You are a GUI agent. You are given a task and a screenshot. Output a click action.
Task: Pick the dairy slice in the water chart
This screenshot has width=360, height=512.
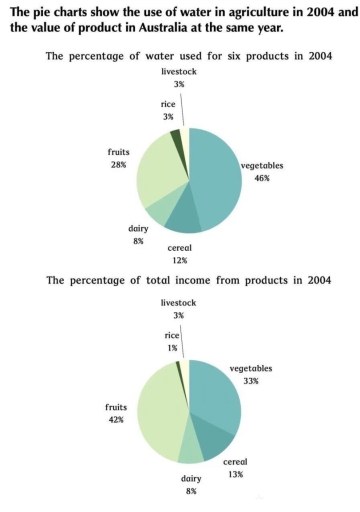point(159,211)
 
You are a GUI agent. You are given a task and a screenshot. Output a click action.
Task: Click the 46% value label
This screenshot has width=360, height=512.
point(262,177)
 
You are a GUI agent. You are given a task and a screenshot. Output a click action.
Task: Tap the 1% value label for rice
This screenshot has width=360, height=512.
point(146,348)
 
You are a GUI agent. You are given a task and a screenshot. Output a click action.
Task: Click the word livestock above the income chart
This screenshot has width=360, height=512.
point(180,301)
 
